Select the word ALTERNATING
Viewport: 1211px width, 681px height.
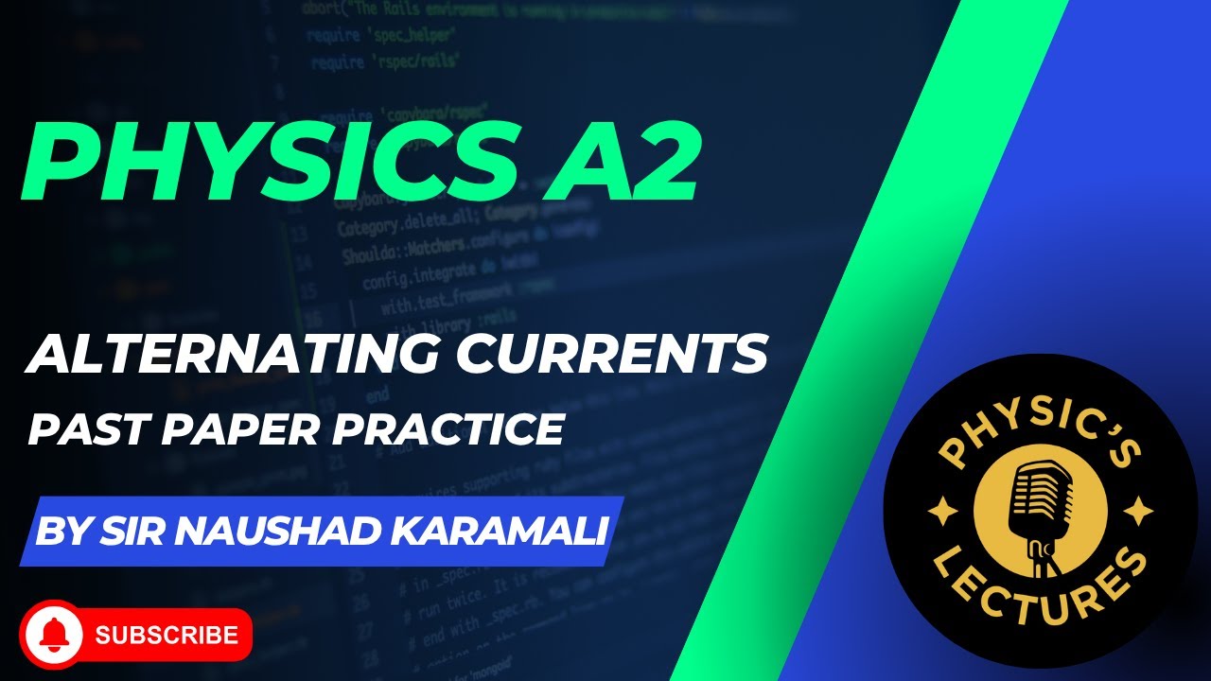pyautogui.click(x=223, y=354)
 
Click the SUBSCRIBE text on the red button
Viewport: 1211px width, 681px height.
pyautogui.click(x=166, y=634)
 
